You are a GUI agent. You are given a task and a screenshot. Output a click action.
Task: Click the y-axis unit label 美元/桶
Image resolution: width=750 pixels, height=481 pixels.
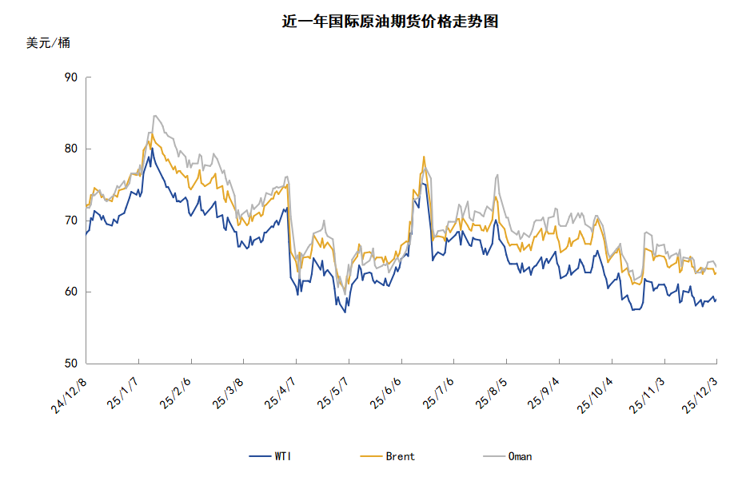(48, 43)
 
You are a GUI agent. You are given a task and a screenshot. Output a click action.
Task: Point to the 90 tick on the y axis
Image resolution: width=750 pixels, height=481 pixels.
(70, 78)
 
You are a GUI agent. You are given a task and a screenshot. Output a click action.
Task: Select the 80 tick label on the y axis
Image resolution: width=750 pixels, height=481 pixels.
(70, 149)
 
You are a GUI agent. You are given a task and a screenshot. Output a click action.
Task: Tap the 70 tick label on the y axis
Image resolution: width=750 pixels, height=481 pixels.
(70, 221)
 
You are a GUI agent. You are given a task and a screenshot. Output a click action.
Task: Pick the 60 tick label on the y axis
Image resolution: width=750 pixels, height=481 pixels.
(70, 292)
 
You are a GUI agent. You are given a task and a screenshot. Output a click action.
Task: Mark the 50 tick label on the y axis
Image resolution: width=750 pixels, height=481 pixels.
(70, 364)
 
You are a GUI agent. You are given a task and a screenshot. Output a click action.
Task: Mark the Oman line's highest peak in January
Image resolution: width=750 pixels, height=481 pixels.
(154, 116)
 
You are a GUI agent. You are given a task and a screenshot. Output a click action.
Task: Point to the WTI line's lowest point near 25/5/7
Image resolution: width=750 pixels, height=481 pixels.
(345, 312)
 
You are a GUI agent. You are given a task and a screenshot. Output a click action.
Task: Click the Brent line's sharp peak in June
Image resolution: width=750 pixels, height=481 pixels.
(424, 157)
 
